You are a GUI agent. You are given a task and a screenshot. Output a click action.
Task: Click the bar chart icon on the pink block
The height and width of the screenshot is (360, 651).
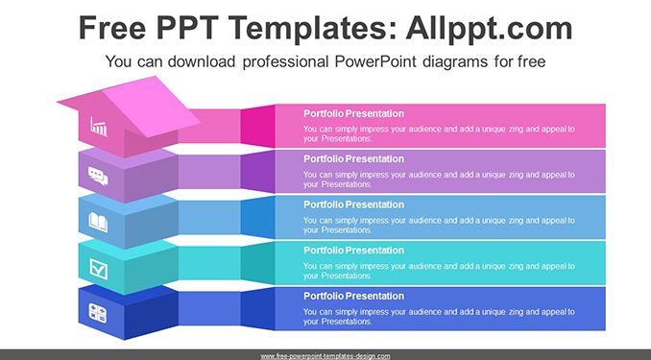[x=99, y=126]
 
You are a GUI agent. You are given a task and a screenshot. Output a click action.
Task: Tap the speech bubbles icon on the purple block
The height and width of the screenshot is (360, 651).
[x=98, y=176]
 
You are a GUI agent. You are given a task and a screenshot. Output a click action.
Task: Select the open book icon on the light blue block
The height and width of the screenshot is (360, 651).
[x=98, y=222]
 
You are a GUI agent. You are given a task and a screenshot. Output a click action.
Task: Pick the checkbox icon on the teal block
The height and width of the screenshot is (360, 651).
[x=98, y=269]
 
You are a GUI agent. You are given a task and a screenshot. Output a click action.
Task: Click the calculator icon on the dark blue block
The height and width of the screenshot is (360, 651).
[x=98, y=313]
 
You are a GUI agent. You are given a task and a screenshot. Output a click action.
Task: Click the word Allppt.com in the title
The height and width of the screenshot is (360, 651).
[x=489, y=29]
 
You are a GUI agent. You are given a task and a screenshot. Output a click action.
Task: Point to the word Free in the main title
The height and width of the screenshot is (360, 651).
[x=112, y=28]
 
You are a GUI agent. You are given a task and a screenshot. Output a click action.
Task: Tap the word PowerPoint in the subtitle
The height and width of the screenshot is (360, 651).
[x=375, y=61]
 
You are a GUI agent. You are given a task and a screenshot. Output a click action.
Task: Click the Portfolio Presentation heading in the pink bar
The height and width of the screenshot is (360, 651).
[x=353, y=113]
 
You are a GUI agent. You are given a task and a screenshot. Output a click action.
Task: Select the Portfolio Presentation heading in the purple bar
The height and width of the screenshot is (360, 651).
[x=353, y=158]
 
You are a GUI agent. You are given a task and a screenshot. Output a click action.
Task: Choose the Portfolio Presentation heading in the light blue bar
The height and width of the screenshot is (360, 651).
[x=353, y=204]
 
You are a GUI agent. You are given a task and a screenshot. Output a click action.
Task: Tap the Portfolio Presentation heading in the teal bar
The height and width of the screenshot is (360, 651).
[x=353, y=250]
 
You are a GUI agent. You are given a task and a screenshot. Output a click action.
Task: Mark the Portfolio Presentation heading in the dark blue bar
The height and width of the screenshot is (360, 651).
[x=353, y=296]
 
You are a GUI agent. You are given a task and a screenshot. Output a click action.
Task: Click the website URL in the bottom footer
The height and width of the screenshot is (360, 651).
[x=325, y=356]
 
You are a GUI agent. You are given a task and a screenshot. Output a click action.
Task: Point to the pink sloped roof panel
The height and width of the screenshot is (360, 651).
[x=152, y=107]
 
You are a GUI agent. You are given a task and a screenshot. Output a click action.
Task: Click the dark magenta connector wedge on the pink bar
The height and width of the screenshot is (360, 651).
[x=258, y=126]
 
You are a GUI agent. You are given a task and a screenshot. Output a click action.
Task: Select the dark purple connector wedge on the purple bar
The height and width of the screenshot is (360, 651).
[x=258, y=172]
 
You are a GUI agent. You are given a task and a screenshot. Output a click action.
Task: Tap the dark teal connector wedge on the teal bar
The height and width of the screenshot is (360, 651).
[x=258, y=263]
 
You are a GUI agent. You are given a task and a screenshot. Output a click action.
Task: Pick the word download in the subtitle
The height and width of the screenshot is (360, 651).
[x=202, y=61]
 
